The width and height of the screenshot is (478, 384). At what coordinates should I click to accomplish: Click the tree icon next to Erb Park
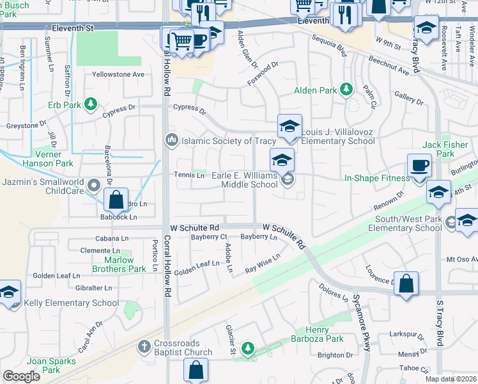click(91, 104)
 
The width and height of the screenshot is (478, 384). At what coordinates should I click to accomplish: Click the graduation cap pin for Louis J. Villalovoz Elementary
click(289, 127)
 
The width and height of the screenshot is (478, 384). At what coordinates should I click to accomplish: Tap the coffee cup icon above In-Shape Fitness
click(419, 166)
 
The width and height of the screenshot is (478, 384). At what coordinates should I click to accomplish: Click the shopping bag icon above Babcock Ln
click(116, 200)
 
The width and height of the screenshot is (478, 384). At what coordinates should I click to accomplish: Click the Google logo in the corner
click(21, 376)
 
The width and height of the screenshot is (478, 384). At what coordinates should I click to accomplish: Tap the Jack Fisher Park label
click(446, 149)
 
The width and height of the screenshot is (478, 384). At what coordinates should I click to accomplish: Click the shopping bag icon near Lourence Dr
click(406, 284)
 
